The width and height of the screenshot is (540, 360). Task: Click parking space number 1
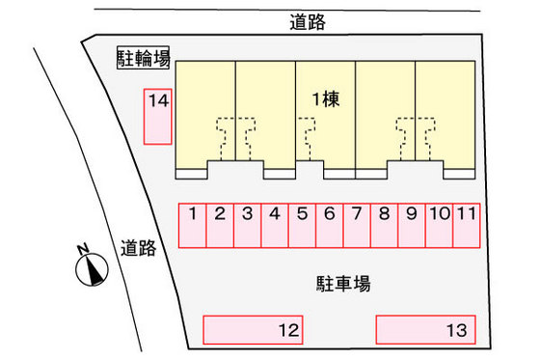193,226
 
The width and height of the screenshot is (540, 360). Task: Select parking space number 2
220,226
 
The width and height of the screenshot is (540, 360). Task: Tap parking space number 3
248,226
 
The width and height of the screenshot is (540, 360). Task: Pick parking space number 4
275,226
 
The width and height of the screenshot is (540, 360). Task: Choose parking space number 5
302,226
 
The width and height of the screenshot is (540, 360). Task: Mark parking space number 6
329,226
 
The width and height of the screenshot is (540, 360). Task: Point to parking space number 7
356,226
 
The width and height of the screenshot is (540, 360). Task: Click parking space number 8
384,226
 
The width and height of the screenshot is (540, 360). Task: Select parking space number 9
411,226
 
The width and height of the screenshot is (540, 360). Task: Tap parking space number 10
439,226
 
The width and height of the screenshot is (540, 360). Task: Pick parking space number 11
466,226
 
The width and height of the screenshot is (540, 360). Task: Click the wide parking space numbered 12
254,330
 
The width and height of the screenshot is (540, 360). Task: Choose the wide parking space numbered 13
426,330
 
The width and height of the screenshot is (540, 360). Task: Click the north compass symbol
90,266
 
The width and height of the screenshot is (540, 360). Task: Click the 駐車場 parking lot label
342,284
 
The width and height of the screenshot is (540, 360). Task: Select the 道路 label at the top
308,21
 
